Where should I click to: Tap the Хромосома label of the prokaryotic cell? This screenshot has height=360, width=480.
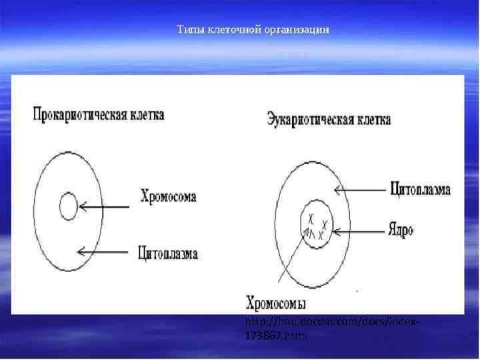click(168, 197)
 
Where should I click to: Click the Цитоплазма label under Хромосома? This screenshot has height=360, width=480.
click(168, 253)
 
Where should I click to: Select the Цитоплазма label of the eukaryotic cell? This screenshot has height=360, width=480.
click(420, 189)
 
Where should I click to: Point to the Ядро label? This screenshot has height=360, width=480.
click(401, 231)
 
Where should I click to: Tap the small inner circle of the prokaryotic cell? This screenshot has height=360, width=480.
click(69, 207)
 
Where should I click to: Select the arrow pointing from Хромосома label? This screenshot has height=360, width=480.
click(105, 207)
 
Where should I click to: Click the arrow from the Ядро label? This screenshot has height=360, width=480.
click(356, 232)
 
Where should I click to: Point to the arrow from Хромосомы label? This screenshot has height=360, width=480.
click(300, 261)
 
